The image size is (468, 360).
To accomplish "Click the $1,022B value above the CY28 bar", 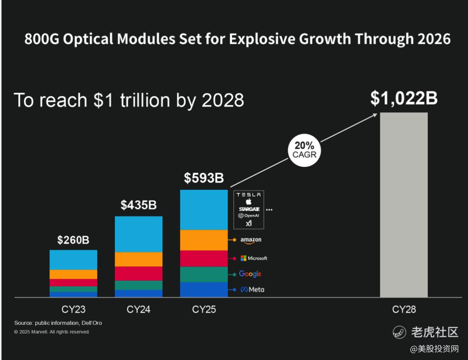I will [x=403, y=99].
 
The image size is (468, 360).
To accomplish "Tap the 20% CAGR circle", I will [x=304, y=150].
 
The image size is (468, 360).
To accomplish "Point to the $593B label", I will [x=204, y=178].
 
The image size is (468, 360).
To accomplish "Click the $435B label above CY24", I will [x=139, y=205].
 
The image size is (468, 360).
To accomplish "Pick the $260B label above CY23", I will [x=73, y=240].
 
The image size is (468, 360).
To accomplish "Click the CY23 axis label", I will [x=73, y=310].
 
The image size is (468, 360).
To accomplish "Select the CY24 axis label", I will [x=139, y=310].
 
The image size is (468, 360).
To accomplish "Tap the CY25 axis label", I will [x=204, y=310].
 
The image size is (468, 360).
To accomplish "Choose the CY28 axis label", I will [x=404, y=310].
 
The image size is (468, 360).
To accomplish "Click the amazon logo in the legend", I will [x=251, y=240].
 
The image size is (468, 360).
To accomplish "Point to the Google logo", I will [x=250, y=274].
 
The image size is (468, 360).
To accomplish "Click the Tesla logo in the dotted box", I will [x=249, y=195].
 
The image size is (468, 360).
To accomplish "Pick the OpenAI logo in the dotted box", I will [x=249, y=216].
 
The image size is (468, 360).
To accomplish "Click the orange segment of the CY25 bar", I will [x=204, y=240].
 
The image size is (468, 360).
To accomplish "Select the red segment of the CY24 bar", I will [x=139, y=273].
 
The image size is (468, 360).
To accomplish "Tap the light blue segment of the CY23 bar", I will [x=73, y=260].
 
